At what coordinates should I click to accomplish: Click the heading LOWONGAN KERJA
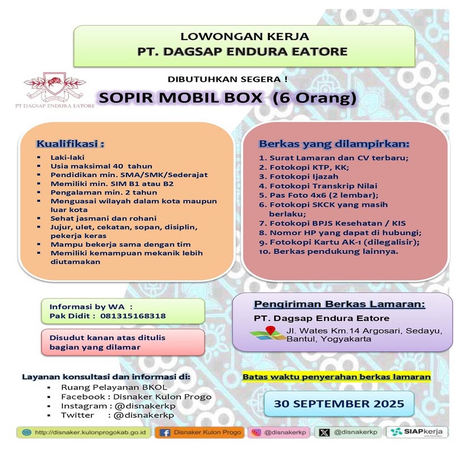click(x=245, y=37)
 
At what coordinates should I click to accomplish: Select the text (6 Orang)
click(x=312, y=99)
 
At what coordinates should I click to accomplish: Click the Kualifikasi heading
click(x=70, y=143)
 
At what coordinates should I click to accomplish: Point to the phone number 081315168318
click(x=133, y=316)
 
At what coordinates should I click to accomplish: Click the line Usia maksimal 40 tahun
click(x=94, y=166)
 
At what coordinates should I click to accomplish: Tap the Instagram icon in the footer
click(x=257, y=432)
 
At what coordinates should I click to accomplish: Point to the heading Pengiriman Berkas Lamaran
click(x=339, y=304)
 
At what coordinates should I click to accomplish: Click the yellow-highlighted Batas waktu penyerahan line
click(x=337, y=377)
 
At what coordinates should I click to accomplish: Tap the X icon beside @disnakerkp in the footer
click(x=325, y=432)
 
